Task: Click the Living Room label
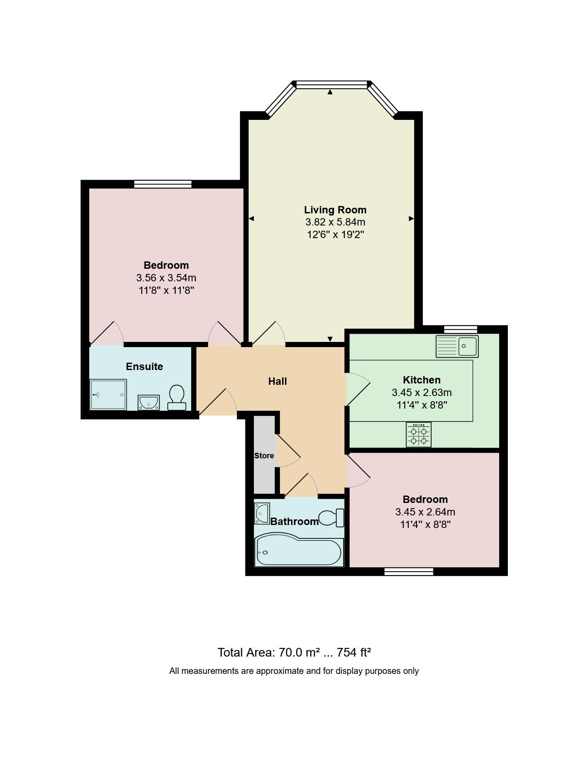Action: tap(335, 210)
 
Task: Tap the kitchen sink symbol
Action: tap(457, 346)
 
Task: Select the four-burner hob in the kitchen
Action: tap(419, 435)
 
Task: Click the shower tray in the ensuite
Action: tap(108, 394)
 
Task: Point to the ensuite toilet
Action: tap(176, 397)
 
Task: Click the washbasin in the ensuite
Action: tap(149, 402)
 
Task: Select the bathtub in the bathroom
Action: tap(299, 552)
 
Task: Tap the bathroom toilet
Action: tap(331, 518)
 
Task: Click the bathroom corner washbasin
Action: tap(262, 513)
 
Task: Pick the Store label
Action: tap(264, 456)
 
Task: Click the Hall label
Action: tap(277, 381)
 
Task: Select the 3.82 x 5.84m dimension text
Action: tap(335, 222)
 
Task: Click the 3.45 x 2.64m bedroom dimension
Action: tap(425, 512)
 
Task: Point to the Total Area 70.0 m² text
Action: tap(294, 652)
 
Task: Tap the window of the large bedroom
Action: tap(163, 184)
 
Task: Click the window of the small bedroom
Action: tap(409, 572)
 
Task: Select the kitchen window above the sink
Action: tap(461, 329)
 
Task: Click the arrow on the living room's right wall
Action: tap(411, 219)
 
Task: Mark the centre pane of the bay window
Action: tap(331, 84)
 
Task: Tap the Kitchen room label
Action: tap(422, 380)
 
